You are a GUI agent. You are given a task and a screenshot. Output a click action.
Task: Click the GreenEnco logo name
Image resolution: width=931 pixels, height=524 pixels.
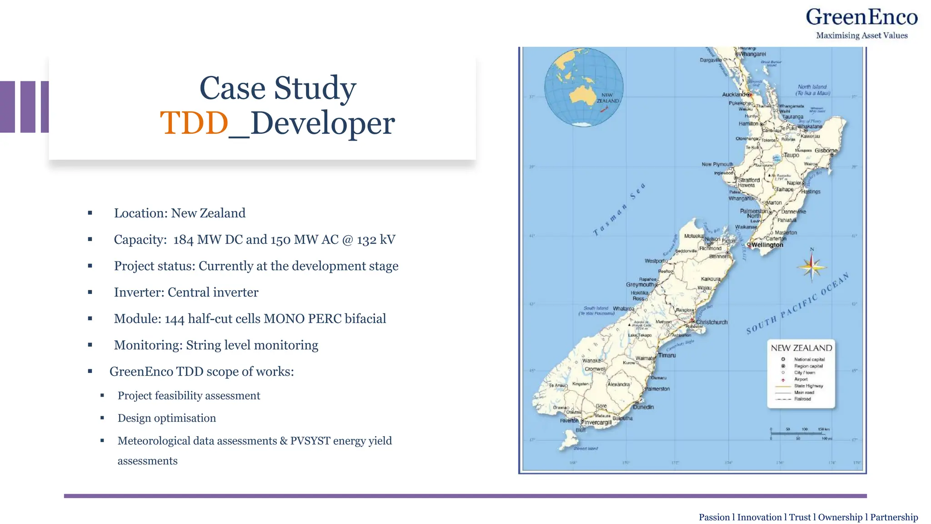(861, 17)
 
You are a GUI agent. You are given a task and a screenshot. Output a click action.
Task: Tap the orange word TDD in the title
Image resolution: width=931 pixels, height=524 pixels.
(194, 123)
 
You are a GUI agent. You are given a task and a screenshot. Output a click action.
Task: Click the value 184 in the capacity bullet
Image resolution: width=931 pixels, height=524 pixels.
(183, 240)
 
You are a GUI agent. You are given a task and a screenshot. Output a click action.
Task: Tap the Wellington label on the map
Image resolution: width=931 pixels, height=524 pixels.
(767, 245)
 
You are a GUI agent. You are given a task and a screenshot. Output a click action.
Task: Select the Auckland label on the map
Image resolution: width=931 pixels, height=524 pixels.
(733, 95)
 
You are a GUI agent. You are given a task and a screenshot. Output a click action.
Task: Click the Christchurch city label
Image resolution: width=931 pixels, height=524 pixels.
(711, 322)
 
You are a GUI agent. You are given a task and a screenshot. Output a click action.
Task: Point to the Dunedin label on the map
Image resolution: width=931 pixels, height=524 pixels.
(643, 407)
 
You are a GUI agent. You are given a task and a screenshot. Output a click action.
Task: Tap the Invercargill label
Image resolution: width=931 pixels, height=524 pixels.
(598, 423)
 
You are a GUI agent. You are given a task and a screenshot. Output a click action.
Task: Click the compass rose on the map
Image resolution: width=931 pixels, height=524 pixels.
(811, 267)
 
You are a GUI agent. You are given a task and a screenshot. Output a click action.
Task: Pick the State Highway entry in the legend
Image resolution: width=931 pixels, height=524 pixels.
(808, 386)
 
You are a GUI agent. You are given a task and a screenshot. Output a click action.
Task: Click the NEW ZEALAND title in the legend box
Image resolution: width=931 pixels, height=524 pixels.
(801, 348)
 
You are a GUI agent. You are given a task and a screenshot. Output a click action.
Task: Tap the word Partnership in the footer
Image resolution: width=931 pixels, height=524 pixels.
(894, 517)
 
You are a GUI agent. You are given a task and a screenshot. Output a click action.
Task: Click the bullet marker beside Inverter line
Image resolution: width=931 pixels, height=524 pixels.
(90, 292)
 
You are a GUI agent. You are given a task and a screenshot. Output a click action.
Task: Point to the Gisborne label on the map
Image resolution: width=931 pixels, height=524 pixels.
(826, 151)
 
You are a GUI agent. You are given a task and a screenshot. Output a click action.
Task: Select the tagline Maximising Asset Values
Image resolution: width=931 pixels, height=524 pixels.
(861, 35)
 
